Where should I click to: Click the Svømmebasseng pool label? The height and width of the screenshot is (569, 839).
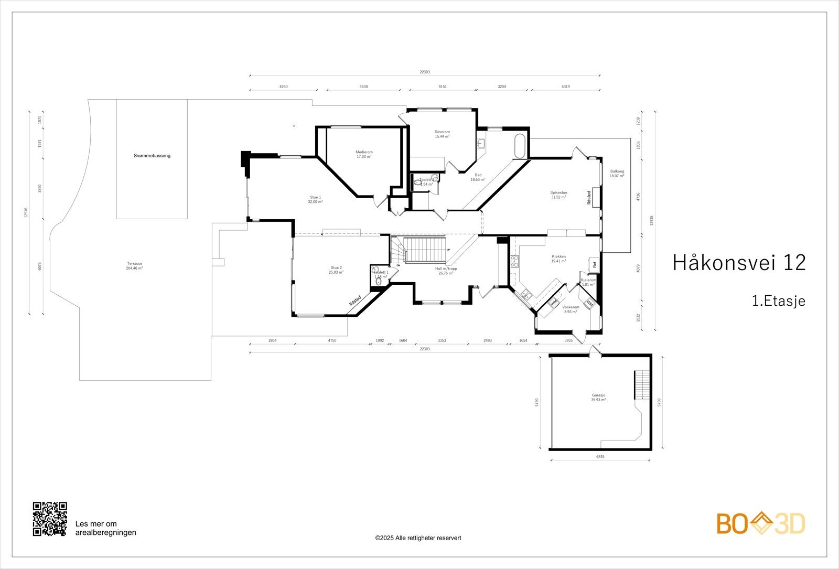152,156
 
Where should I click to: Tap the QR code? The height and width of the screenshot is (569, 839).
50,519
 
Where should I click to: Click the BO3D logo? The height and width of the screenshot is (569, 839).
761,524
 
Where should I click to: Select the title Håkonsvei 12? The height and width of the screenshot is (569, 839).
738,263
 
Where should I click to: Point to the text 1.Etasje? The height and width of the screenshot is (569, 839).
778,301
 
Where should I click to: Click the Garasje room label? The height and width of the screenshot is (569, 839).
598,398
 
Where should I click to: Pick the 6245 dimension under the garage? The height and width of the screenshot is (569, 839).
600,457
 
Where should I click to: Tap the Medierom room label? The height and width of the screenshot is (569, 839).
364,154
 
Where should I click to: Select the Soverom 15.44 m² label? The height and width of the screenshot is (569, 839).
442,134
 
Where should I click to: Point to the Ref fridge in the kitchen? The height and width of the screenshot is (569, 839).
594,265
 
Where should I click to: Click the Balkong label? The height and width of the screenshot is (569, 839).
617,174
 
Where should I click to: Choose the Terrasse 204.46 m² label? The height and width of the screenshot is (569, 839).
134,265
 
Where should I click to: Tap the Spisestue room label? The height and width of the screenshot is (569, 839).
558,195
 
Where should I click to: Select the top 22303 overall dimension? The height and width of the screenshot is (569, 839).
424,72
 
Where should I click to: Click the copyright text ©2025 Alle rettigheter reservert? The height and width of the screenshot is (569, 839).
418,538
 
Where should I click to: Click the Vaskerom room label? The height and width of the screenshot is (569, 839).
571,309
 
